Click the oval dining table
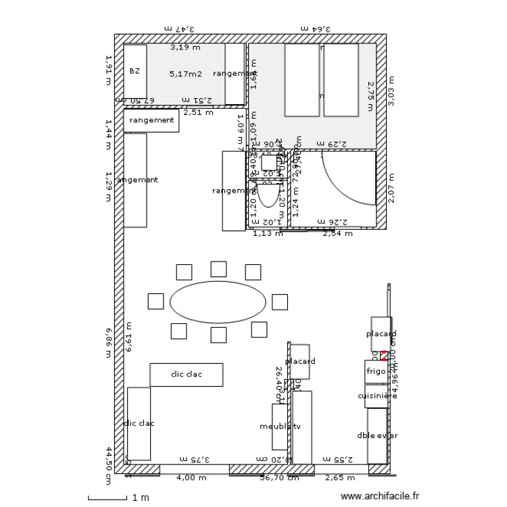tap(217, 302)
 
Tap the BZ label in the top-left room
tap(135, 70)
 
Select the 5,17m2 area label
tap(185, 74)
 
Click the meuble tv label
tap(280, 427)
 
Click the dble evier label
tap(377, 435)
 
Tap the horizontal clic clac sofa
tap(186, 375)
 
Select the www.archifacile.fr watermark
tap(380, 497)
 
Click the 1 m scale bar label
tap(140, 498)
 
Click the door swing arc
tap(352, 179)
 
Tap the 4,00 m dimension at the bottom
tap(191, 478)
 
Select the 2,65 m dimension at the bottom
tap(339, 478)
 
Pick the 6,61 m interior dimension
tap(130, 337)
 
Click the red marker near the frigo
tap(383, 355)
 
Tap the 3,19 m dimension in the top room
tap(185, 47)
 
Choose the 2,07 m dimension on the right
tap(391, 188)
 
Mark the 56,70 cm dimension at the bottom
tap(280, 478)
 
